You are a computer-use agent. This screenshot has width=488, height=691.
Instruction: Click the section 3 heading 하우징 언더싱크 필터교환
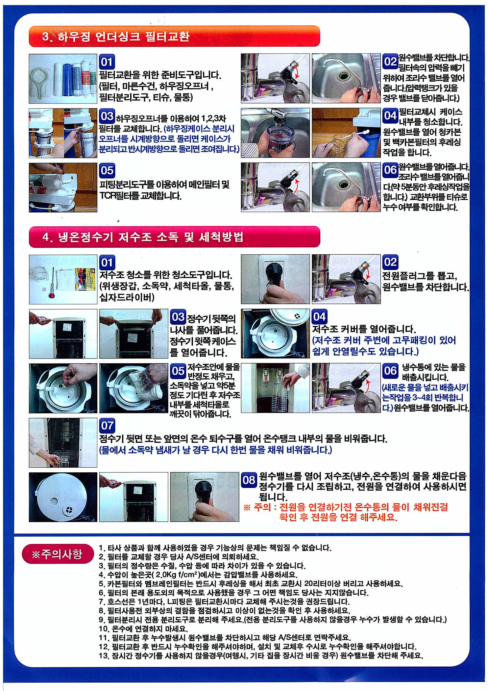[x=116, y=36]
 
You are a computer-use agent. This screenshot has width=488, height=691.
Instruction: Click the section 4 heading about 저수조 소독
[x=143, y=237]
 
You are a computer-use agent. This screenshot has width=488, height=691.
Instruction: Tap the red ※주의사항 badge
[x=57, y=554]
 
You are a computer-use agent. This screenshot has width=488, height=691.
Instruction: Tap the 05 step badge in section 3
[x=107, y=170]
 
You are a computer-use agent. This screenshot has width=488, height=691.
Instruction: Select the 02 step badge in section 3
[x=390, y=61]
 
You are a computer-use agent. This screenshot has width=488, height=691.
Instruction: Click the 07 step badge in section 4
[x=107, y=425]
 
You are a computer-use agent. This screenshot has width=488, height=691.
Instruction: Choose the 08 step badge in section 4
[x=249, y=480]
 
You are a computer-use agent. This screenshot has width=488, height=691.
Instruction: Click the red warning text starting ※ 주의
[x=346, y=512]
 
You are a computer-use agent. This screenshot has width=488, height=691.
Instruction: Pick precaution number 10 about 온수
[x=143, y=628]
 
